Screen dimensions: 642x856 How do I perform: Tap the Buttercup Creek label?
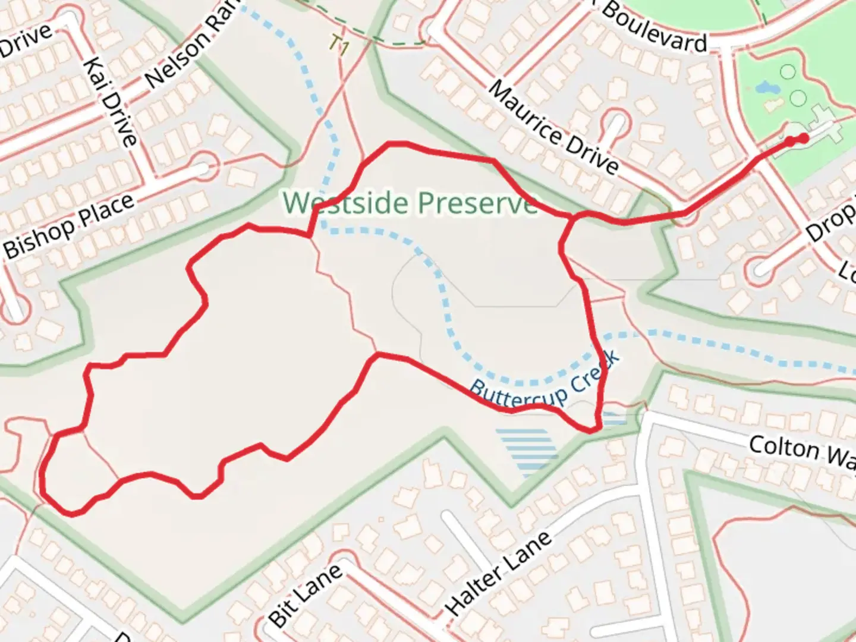tap(545, 378)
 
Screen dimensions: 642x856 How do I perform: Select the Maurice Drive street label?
tap(553, 128)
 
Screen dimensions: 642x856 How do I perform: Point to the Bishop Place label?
tap(69, 226)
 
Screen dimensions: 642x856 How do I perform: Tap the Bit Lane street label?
tap(306, 594)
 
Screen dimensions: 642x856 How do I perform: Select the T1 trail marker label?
tap(339, 45)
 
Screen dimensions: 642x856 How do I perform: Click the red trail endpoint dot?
tap(804, 139)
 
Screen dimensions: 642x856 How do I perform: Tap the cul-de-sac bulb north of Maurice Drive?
tap(615, 122)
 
